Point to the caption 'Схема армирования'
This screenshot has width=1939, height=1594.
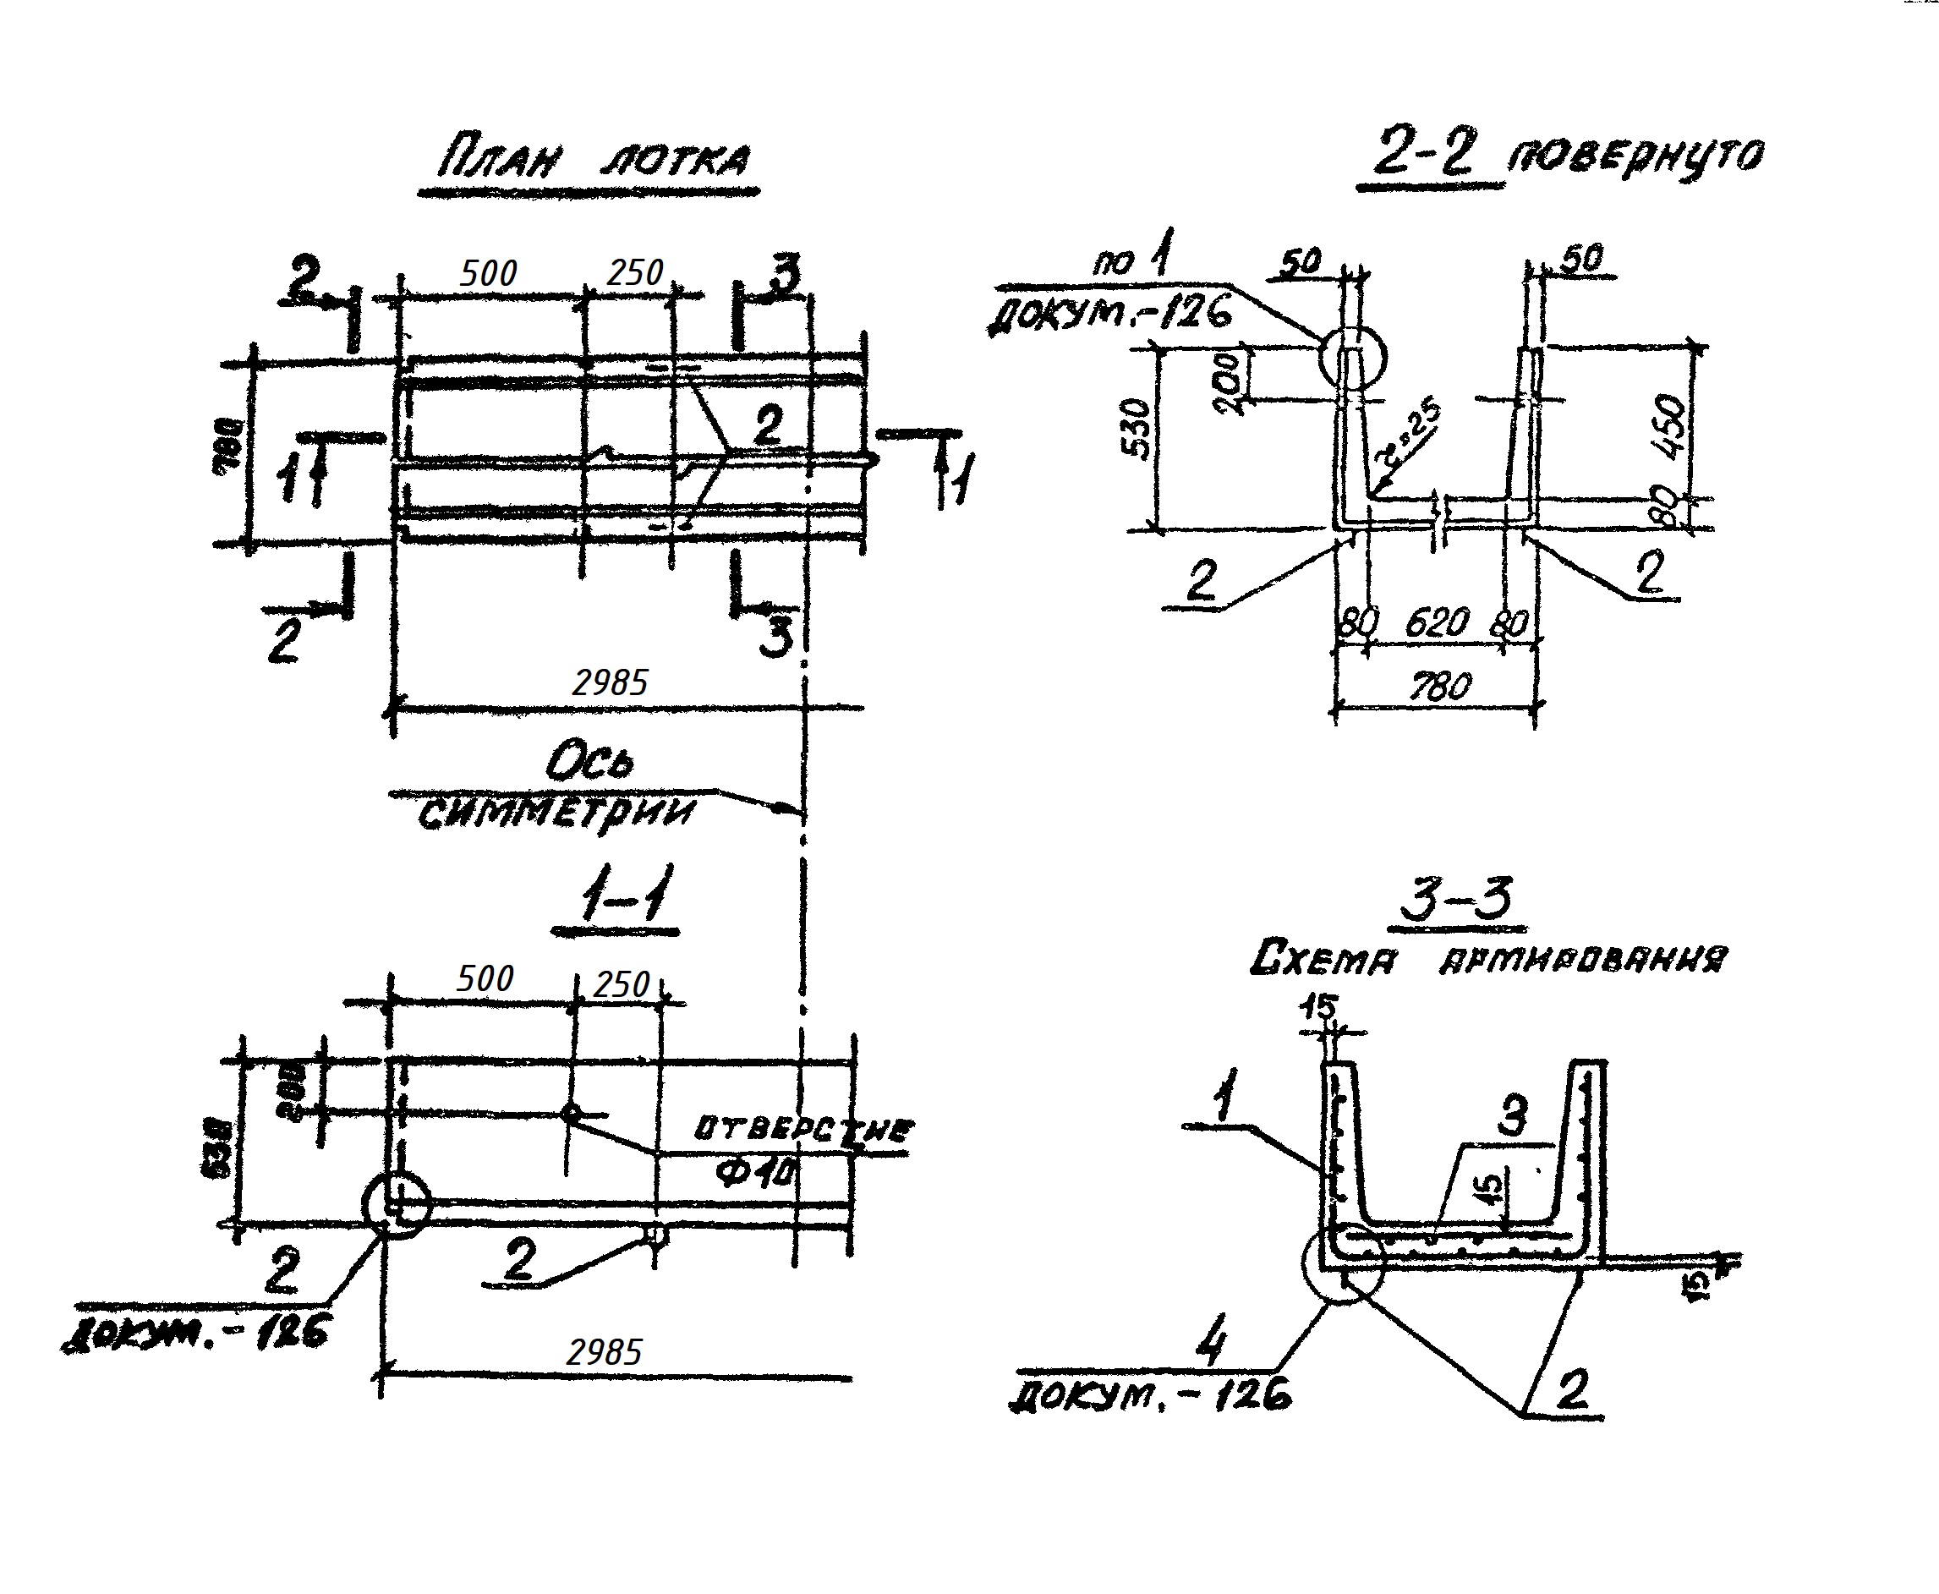click(x=1488, y=960)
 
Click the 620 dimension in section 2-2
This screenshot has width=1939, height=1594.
click(x=1437, y=623)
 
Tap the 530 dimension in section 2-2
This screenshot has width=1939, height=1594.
click(x=1137, y=430)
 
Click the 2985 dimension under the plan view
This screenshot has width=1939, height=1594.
click(x=610, y=682)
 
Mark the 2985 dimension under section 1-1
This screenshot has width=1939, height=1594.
click(x=604, y=1352)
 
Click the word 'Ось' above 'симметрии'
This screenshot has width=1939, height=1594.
click(x=589, y=762)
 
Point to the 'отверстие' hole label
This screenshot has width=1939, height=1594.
click(x=803, y=1127)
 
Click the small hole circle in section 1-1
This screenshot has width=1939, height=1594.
click(x=571, y=1114)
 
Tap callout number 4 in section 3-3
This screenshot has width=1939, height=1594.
click(x=1212, y=1347)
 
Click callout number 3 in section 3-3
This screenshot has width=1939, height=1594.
click(x=1512, y=1116)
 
